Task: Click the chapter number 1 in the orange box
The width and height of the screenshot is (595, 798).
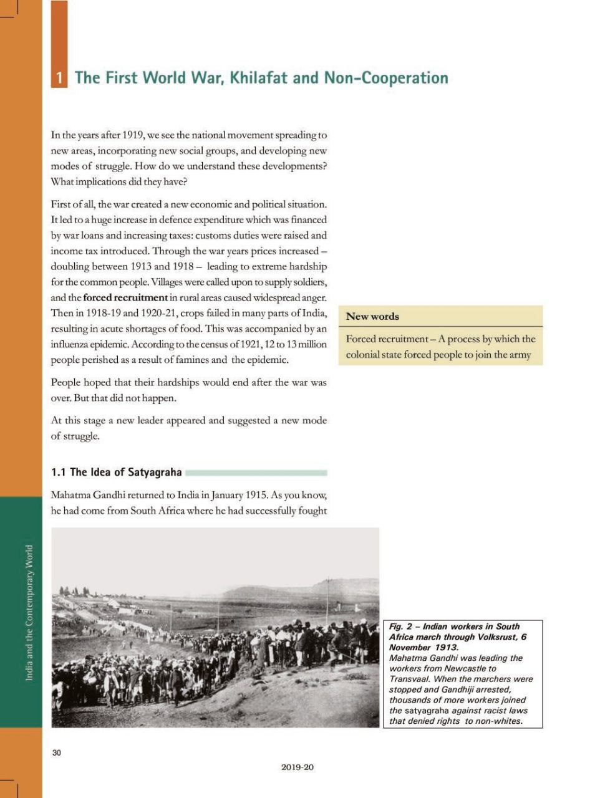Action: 59,78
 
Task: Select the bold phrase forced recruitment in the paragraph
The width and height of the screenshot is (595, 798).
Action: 125,297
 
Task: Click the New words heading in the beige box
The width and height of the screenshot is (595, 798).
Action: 372,317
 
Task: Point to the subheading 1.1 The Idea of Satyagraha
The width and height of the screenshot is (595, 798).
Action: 117,472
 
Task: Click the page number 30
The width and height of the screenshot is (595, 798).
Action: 57,752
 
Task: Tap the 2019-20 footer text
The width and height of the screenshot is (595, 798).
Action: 297,767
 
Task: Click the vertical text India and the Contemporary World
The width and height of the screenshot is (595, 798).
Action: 29,613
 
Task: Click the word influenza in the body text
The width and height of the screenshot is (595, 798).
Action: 70,344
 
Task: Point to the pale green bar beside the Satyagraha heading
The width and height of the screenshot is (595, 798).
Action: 256,473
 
